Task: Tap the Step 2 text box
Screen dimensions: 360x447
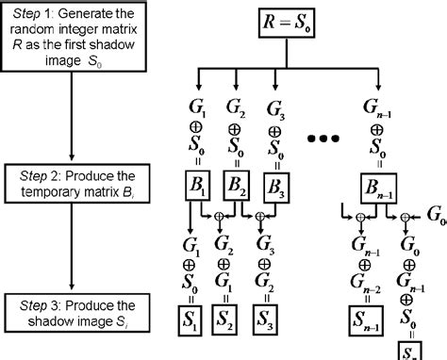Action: coord(73,185)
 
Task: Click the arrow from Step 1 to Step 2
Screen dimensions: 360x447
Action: coord(73,113)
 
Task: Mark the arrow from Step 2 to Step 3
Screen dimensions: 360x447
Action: coord(73,250)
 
